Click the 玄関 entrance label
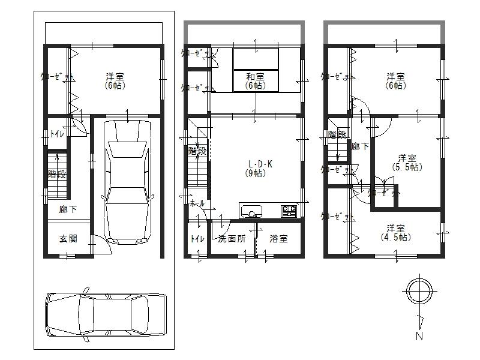click(68, 239)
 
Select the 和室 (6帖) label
click(255, 81)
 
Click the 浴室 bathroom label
click(278, 239)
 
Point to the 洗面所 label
click(232, 239)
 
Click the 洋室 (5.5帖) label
click(406, 163)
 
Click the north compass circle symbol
click(418, 292)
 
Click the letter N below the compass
click(419, 336)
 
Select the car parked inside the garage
click(126, 180)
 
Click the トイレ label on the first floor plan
click(58, 134)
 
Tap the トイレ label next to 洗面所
click(196, 239)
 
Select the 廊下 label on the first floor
click(67, 210)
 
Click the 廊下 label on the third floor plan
click(360, 146)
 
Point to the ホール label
click(197, 204)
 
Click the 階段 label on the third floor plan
click(337, 134)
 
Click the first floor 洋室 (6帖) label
click(115, 81)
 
